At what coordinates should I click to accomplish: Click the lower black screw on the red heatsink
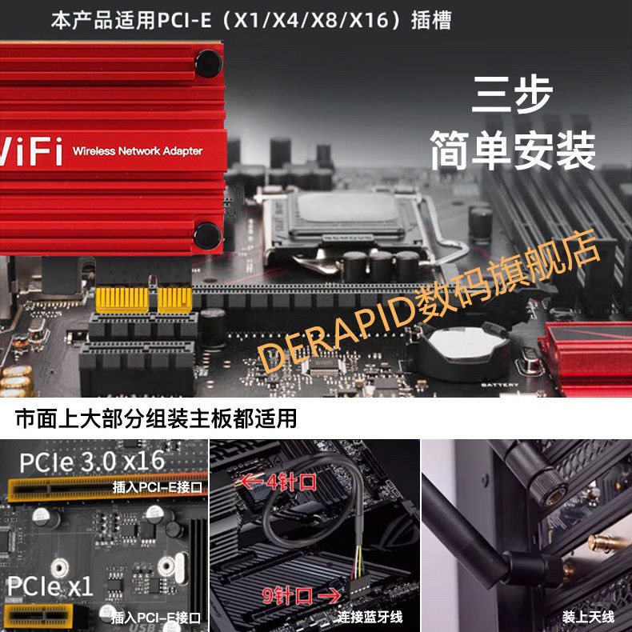point(208,234)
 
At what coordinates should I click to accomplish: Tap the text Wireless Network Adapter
point(138,151)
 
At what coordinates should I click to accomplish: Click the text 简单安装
point(513,149)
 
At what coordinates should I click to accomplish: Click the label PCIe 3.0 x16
point(91,462)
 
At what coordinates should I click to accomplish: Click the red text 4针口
point(281,482)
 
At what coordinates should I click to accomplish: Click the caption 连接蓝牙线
point(370,616)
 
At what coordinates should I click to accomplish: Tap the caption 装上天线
point(588,616)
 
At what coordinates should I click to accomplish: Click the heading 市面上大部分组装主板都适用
point(156,418)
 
